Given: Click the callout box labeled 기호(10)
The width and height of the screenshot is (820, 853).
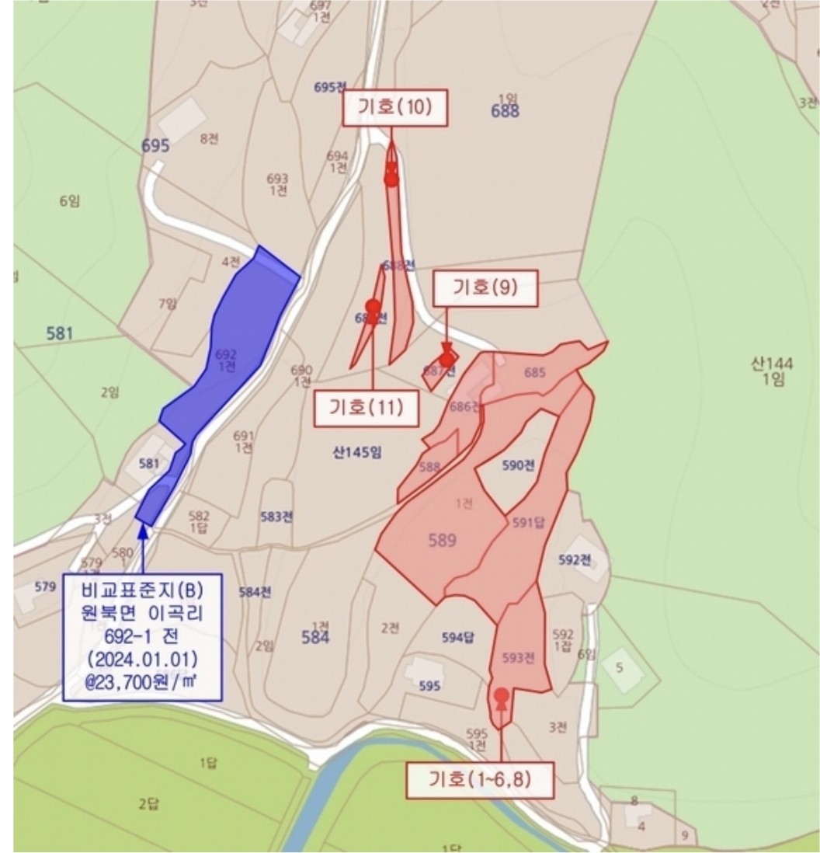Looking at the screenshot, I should coord(395,108).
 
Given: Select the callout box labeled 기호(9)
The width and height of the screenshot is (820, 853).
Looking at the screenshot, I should coord(485,288).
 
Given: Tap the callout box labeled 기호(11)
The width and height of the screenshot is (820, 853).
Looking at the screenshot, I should coord(366,408).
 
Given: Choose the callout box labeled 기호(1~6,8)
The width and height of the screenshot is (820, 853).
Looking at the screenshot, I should coord(480,779).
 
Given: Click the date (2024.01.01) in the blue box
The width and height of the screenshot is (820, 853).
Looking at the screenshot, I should coord(143,661).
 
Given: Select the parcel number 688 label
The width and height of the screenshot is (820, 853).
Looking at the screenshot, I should coord(505,111).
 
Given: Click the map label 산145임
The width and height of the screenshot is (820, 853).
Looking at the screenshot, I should coord(357,453).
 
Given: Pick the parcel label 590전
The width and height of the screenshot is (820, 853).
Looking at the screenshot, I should coord(518,466).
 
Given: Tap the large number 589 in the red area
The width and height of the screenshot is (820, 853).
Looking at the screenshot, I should coord(443,540).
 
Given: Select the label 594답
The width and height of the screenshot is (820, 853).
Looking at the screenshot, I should coord(457,637).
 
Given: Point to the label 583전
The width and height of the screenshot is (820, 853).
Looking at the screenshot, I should coord(276,517).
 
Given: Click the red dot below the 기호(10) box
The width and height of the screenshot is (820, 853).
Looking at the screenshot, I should coord(391,179).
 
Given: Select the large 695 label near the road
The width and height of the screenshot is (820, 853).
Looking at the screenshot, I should coord(155,145).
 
